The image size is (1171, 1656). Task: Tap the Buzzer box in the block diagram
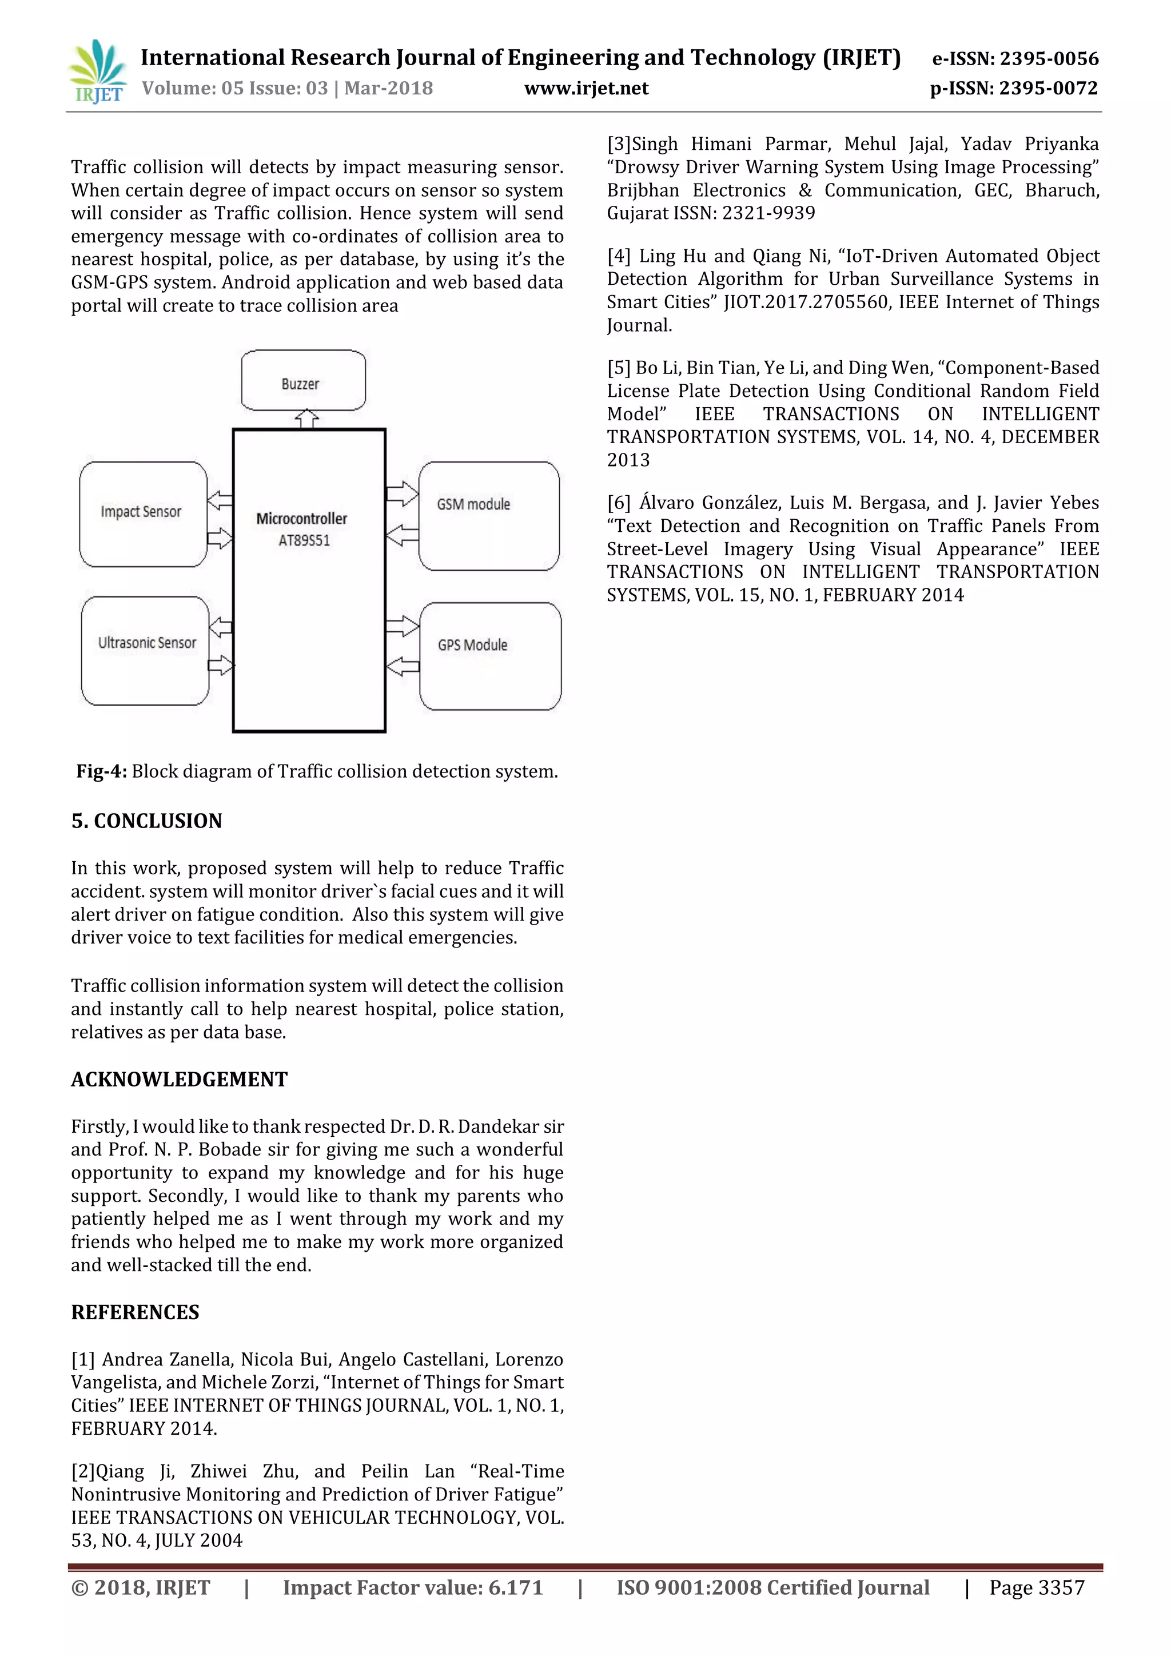[x=303, y=381]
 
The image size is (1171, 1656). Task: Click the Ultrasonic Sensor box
[x=146, y=650]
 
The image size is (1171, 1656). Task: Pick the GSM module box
[x=488, y=515]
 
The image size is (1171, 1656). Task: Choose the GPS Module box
[x=489, y=656]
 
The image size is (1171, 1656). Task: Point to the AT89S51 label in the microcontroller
[x=304, y=540]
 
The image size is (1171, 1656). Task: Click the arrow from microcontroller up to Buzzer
[x=307, y=419]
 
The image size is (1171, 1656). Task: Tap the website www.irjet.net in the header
[x=585, y=89]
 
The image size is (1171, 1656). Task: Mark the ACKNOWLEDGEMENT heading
[x=179, y=1079]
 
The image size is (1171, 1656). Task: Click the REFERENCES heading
[x=135, y=1312]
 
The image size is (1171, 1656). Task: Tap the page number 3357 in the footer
[x=1061, y=1587]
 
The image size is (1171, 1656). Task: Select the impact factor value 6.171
[x=515, y=1587]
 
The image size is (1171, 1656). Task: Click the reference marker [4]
[x=618, y=256]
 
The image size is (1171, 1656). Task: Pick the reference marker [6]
[x=618, y=503]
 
